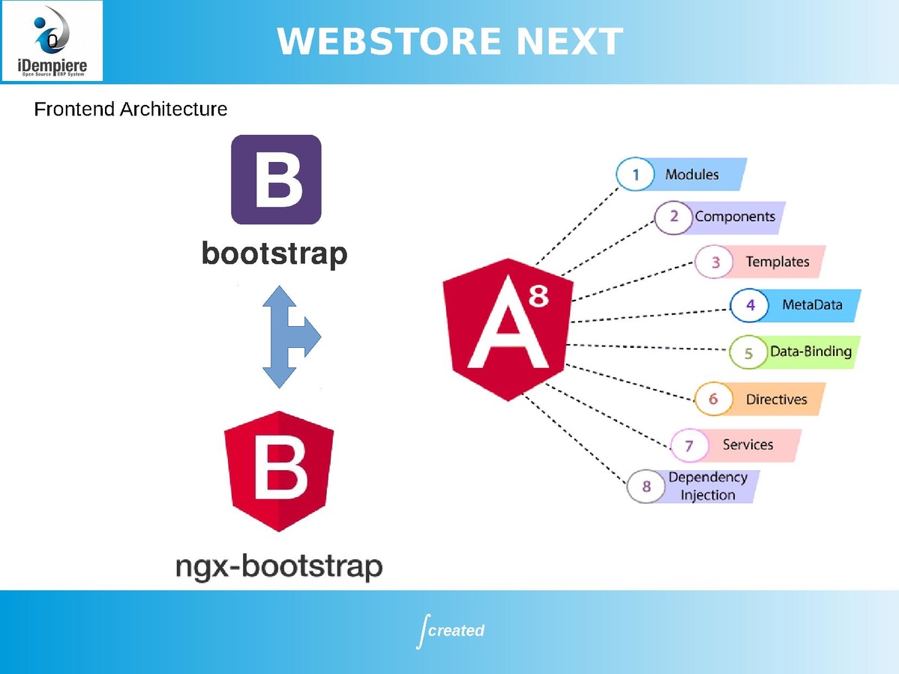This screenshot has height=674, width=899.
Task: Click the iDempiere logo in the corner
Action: click(x=52, y=41)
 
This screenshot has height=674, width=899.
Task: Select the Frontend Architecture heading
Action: click(x=130, y=109)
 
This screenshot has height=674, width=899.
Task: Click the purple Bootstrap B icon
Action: click(x=276, y=180)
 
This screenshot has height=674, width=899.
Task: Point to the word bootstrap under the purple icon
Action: click(x=274, y=254)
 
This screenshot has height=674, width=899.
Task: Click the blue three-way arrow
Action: click(x=289, y=337)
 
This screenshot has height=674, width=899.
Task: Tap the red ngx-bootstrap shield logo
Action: click(x=279, y=471)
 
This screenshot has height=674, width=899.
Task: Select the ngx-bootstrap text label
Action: click(x=278, y=567)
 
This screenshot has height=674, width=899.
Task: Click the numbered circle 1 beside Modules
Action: click(x=635, y=175)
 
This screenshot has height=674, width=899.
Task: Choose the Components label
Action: click(x=735, y=217)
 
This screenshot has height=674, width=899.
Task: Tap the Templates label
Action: click(x=777, y=262)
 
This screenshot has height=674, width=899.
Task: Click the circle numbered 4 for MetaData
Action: click(x=750, y=305)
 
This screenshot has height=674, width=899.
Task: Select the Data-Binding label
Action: click(x=811, y=351)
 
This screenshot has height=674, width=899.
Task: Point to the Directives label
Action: click(x=776, y=399)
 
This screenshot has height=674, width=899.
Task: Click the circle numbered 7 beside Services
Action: click(x=689, y=445)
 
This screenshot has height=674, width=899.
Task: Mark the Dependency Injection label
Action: click(x=708, y=486)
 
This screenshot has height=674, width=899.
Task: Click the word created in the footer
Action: click(x=456, y=631)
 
